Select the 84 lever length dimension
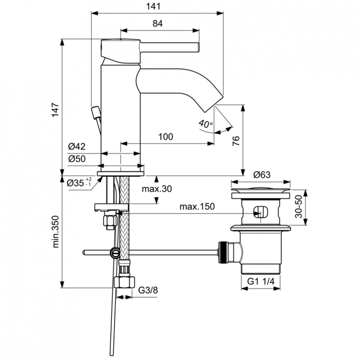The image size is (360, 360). (158, 23)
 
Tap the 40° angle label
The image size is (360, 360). (205, 124)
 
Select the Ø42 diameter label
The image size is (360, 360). (76, 147)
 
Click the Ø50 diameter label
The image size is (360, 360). (76, 159)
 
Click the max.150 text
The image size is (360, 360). (197, 207)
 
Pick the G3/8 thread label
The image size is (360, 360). (148, 290)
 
